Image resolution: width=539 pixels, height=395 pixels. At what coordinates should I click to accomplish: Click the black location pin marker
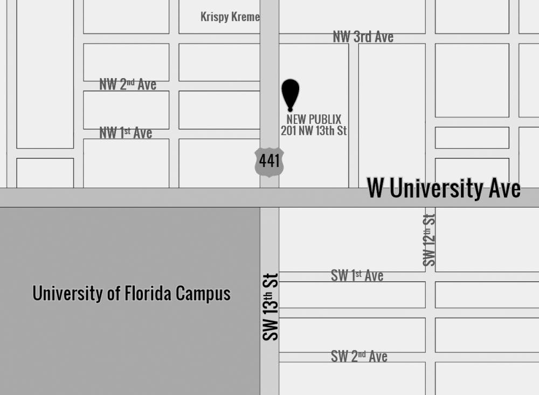point(291,93)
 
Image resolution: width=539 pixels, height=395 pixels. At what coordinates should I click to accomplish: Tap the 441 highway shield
point(269,161)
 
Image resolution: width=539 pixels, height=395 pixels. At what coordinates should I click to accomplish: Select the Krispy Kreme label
point(230,17)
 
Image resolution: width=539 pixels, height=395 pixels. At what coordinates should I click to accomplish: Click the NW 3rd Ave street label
point(363,37)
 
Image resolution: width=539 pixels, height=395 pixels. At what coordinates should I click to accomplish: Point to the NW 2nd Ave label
point(128,84)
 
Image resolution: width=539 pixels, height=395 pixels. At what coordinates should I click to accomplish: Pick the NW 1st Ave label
point(126,133)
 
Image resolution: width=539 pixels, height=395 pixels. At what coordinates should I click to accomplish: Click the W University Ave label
point(444,189)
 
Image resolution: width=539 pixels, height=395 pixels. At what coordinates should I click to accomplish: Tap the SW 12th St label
point(429,240)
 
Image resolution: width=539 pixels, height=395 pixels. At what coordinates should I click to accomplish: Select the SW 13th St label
point(271,306)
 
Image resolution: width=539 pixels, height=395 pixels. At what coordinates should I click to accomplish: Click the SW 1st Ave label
point(357,276)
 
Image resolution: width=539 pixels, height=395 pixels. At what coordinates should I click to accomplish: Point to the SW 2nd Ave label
point(359,356)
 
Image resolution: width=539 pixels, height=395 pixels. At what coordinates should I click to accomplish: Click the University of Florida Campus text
point(132,294)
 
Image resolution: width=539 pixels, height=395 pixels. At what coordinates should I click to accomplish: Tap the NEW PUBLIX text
point(314,120)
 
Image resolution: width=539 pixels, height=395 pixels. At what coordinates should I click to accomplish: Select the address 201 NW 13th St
point(314,130)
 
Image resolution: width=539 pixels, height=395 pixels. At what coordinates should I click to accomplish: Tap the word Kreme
point(246,17)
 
